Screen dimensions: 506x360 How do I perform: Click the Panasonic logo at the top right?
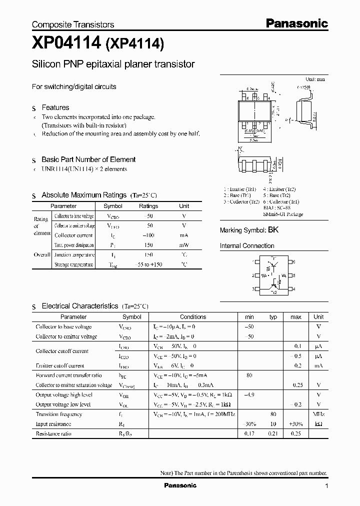point(296,23)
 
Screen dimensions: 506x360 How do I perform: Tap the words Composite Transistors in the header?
point(73,24)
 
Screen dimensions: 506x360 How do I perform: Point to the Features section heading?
point(55,107)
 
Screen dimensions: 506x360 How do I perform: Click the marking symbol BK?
point(273,230)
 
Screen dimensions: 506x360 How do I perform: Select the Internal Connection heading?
point(247,246)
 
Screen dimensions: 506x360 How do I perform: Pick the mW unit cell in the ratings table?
point(184,245)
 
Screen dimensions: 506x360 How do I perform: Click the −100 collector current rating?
point(148,235)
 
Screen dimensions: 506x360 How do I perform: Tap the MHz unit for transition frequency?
point(318,414)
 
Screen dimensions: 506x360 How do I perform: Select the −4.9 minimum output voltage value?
point(249,394)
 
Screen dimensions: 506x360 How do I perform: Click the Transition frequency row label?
point(58,414)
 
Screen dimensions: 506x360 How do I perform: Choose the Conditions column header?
point(193,317)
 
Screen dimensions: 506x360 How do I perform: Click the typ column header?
point(273,317)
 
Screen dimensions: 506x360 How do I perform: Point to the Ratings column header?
point(148,206)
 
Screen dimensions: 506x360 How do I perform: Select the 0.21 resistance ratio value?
point(273,433)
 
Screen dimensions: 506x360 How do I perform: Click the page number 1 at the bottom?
point(326,486)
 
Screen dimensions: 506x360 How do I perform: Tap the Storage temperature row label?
point(73,264)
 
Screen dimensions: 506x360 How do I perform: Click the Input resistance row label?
point(53,423)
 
